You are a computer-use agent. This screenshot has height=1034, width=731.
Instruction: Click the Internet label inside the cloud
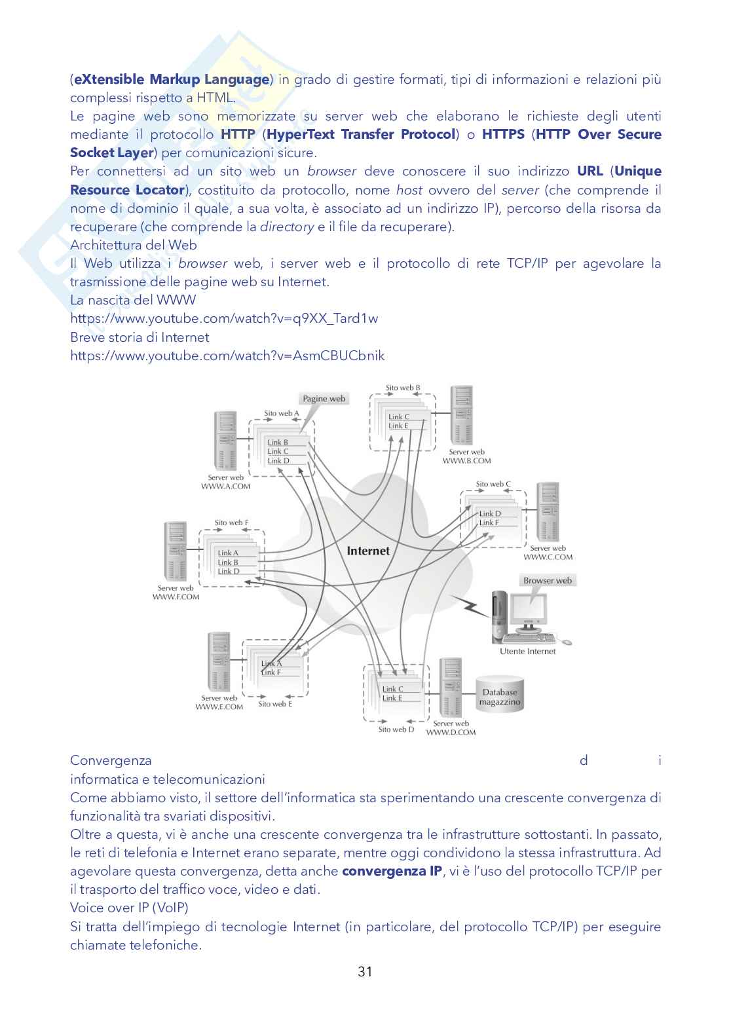[x=367, y=551]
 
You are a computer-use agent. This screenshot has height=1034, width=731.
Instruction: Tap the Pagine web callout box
[x=324, y=398]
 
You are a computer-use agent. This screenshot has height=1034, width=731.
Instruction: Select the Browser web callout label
[x=547, y=580]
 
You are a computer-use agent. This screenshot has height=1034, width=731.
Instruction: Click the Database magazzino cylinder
[x=499, y=697]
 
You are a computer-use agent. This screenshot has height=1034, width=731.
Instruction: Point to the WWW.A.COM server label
[x=225, y=486]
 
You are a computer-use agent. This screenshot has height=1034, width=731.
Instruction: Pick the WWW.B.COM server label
[x=466, y=460]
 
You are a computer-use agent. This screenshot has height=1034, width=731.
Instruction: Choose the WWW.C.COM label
[x=548, y=557]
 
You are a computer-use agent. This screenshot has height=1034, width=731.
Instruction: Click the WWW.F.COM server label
[x=176, y=597]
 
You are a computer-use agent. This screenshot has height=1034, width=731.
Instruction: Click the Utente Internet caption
[x=527, y=651]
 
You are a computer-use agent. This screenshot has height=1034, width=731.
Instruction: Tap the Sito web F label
[x=231, y=523]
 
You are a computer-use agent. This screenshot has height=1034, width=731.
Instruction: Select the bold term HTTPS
[x=503, y=134]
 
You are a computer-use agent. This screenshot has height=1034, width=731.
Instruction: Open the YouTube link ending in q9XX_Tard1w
[x=224, y=318]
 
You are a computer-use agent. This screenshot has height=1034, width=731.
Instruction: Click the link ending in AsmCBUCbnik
[x=227, y=356]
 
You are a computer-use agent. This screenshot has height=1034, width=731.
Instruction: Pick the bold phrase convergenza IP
[x=392, y=871]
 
